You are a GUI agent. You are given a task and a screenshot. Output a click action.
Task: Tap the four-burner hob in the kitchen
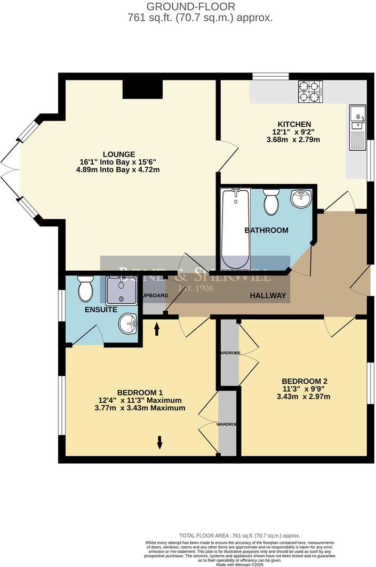(x=310, y=91)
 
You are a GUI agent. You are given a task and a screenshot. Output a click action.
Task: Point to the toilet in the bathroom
(x=271, y=202)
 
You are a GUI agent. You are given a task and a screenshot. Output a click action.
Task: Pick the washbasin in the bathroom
(x=301, y=199)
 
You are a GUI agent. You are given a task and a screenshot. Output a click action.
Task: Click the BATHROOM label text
(x=266, y=230)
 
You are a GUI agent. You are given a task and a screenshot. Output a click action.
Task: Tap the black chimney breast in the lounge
(x=142, y=89)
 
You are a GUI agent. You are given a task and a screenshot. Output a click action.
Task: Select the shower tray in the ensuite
(x=122, y=290)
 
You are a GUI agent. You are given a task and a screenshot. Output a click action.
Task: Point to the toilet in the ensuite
(x=85, y=288)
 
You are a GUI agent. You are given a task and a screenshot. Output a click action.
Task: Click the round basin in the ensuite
(x=127, y=323)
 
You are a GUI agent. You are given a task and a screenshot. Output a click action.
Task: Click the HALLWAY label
(x=268, y=296)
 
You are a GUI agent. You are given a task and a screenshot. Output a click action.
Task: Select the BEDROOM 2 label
(x=304, y=381)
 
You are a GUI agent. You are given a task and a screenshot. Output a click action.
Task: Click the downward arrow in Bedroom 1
(x=159, y=442)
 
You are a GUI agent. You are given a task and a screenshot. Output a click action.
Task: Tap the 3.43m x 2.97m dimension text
(x=303, y=396)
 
